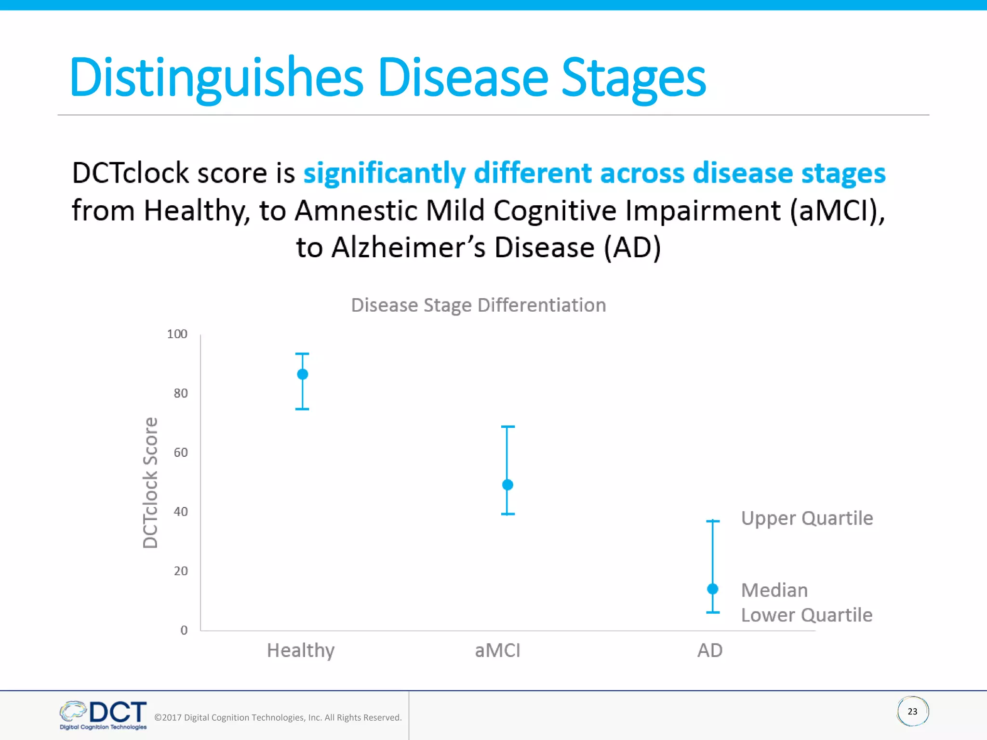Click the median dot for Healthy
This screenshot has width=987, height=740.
pyautogui.click(x=302, y=374)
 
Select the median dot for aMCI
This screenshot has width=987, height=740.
pyautogui.click(x=507, y=485)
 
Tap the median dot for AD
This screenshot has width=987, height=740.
pyautogui.click(x=713, y=589)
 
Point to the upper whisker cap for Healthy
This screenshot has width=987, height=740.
pyautogui.click(x=302, y=354)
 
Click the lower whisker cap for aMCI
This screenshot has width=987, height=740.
pyautogui.click(x=507, y=514)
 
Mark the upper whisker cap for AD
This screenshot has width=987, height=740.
pyautogui.click(x=713, y=521)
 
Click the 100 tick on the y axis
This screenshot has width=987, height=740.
pyautogui.click(x=177, y=334)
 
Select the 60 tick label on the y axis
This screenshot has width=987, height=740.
pyautogui.click(x=181, y=452)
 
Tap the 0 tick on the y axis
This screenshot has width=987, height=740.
pyautogui.click(x=184, y=630)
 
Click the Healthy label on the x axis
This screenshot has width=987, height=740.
pyautogui.click(x=301, y=651)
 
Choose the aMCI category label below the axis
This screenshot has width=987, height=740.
pyautogui.click(x=497, y=651)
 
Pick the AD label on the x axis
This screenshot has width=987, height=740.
pyautogui.click(x=710, y=651)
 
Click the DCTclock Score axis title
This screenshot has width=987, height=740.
pyautogui.click(x=150, y=483)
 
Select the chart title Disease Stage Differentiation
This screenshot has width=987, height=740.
pyautogui.click(x=478, y=305)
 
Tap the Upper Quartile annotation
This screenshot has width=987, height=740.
pyautogui.click(x=807, y=518)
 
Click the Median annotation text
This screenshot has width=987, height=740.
pyautogui.click(x=774, y=590)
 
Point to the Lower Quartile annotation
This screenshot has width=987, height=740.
pyautogui.click(x=806, y=615)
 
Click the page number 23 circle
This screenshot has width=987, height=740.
pyautogui.click(x=912, y=712)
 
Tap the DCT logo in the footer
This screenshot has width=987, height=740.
pyautogui.click(x=103, y=715)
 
